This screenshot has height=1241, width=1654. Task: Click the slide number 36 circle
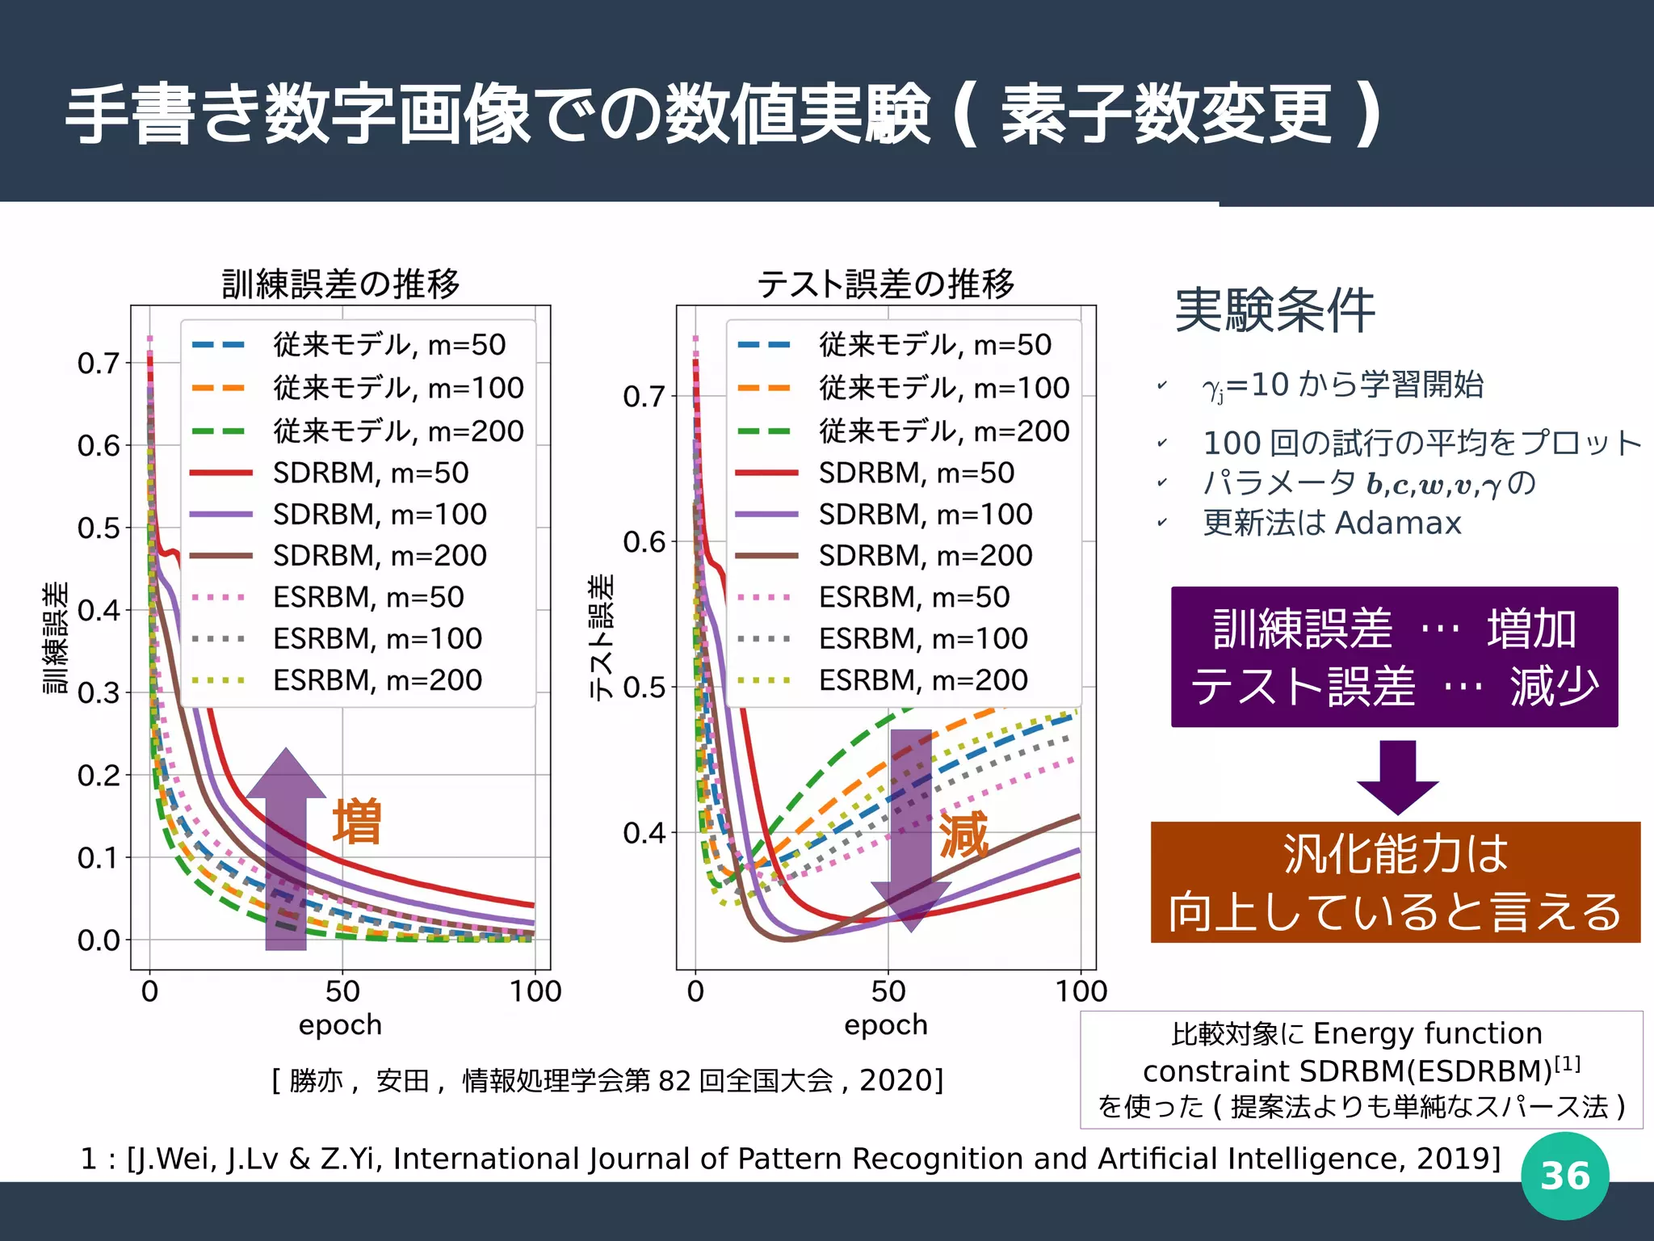click(1564, 1176)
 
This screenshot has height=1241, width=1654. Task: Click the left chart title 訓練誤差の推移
click(340, 284)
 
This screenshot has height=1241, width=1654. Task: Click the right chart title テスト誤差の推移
click(885, 284)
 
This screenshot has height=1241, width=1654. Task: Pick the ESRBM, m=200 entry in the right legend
click(922, 680)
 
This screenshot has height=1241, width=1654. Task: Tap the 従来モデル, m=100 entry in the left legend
click(397, 388)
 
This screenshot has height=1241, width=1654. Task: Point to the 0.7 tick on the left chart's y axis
click(99, 364)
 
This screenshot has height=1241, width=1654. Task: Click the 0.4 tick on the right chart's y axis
click(644, 832)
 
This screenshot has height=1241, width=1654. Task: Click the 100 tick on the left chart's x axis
click(535, 991)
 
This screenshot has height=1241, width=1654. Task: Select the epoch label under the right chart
click(885, 1024)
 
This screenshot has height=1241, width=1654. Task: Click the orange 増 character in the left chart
click(357, 822)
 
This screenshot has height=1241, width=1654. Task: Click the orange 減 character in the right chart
click(963, 835)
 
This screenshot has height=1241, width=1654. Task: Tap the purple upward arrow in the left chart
click(286, 848)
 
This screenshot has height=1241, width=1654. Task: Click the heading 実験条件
click(1274, 310)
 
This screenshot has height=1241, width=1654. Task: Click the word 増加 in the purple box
click(1531, 629)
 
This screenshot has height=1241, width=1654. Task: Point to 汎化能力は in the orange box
click(1395, 854)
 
